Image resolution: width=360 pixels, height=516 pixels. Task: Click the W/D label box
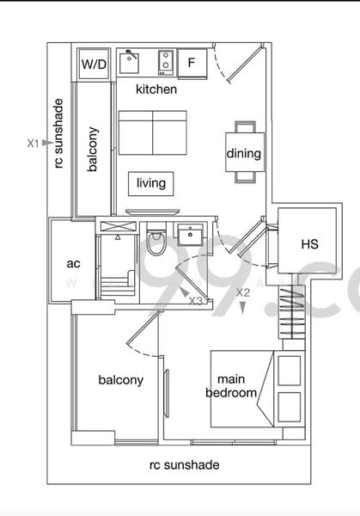(93, 64)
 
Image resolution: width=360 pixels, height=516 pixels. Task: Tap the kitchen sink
(131, 62)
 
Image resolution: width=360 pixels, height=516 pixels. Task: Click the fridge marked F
(192, 63)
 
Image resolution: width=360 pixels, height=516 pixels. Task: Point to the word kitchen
(156, 89)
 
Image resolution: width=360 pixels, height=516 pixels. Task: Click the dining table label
(244, 154)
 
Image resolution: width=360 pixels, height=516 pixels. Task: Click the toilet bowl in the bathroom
(156, 243)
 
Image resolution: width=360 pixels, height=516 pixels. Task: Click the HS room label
(309, 244)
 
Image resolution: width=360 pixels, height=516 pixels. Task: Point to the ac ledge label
(73, 264)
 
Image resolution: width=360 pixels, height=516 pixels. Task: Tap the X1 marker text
(33, 144)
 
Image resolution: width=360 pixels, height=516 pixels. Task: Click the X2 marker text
(243, 292)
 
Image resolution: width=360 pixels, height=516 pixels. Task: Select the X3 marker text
(196, 301)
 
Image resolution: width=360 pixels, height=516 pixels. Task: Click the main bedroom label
(232, 386)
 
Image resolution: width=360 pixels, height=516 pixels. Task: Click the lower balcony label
(120, 380)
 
